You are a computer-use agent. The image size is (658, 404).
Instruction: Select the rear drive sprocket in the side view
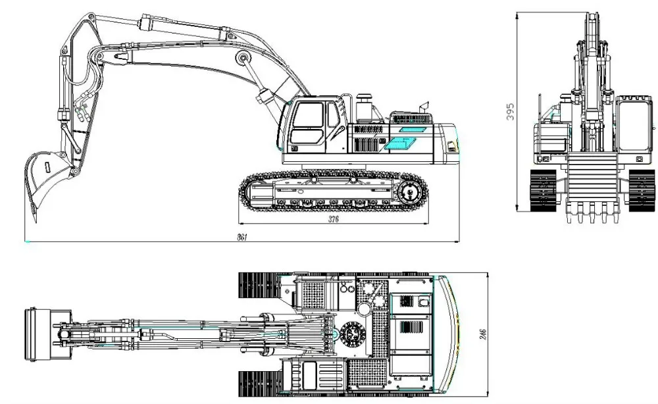[x=411, y=193]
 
